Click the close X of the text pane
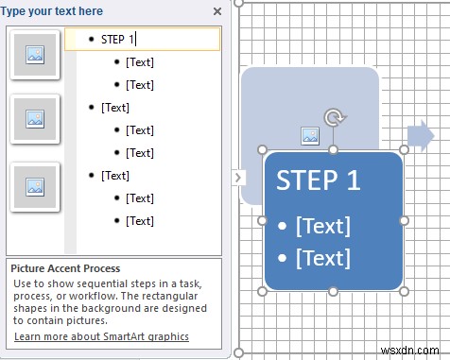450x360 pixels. pyautogui.click(x=217, y=11)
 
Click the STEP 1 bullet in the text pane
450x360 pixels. pyautogui.click(x=118, y=39)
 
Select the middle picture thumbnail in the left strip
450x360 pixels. pyautogui.click(x=34, y=119)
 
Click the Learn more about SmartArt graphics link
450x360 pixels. pyautogui.click(x=101, y=336)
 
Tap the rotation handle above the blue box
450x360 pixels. pyautogui.click(x=333, y=118)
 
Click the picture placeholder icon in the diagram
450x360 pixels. pyautogui.click(x=310, y=136)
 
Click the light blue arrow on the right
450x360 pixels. pyautogui.click(x=422, y=136)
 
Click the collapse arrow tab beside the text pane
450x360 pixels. pyautogui.click(x=238, y=177)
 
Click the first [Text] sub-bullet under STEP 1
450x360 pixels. pyautogui.click(x=139, y=62)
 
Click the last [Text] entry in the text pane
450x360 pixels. pyautogui.click(x=139, y=220)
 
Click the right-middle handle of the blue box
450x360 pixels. pyautogui.click(x=405, y=220)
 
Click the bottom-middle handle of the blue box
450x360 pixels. pyautogui.click(x=333, y=291)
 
